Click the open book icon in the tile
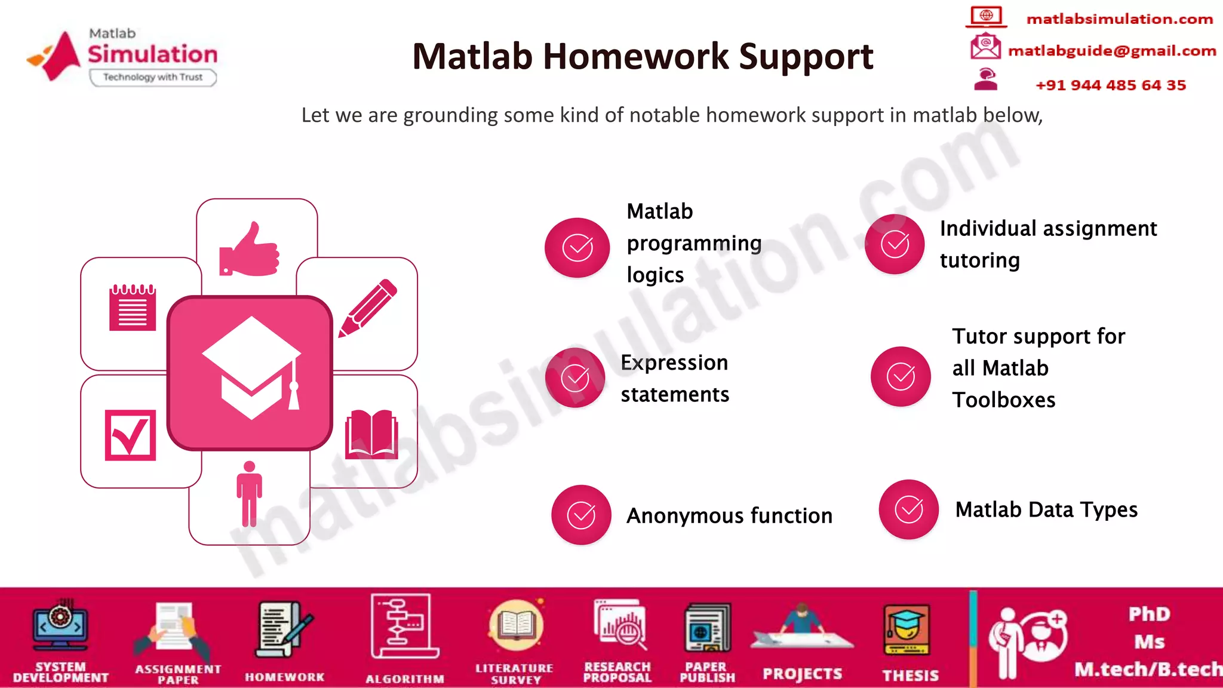[x=371, y=434]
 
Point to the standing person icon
[x=249, y=493]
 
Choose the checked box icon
[x=130, y=435]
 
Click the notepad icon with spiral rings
[x=133, y=308]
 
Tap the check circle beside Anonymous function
[x=581, y=515]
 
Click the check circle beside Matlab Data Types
[x=908, y=509]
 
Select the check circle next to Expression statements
[x=575, y=377]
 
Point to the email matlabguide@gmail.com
[x=1111, y=51]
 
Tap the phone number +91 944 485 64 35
[x=1110, y=85]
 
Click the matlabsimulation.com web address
[x=1119, y=19]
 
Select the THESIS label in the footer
[x=910, y=675]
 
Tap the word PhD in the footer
[x=1149, y=614]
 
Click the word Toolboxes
[x=1004, y=400]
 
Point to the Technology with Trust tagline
[x=153, y=77]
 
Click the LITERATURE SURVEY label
[x=514, y=674]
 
